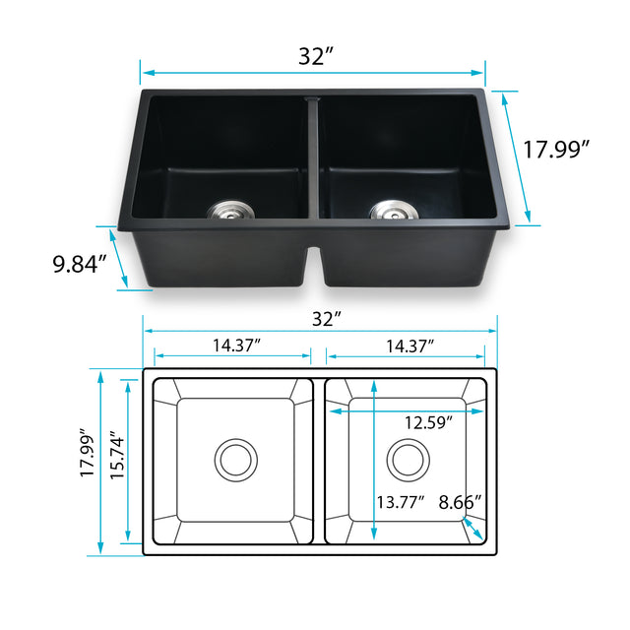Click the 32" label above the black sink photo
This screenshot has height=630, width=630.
[313, 56]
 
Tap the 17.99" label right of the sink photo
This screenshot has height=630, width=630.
[556, 150]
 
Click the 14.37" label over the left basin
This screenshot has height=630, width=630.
[235, 346]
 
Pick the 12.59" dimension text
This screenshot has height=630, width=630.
[429, 423]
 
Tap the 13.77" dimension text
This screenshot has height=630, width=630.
[401, 502]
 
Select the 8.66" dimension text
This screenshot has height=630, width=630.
[460, 502]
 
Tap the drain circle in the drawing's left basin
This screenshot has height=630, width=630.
[236, 459]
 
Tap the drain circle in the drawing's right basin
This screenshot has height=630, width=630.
[407, 459]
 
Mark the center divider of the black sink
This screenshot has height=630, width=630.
[314, 157]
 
